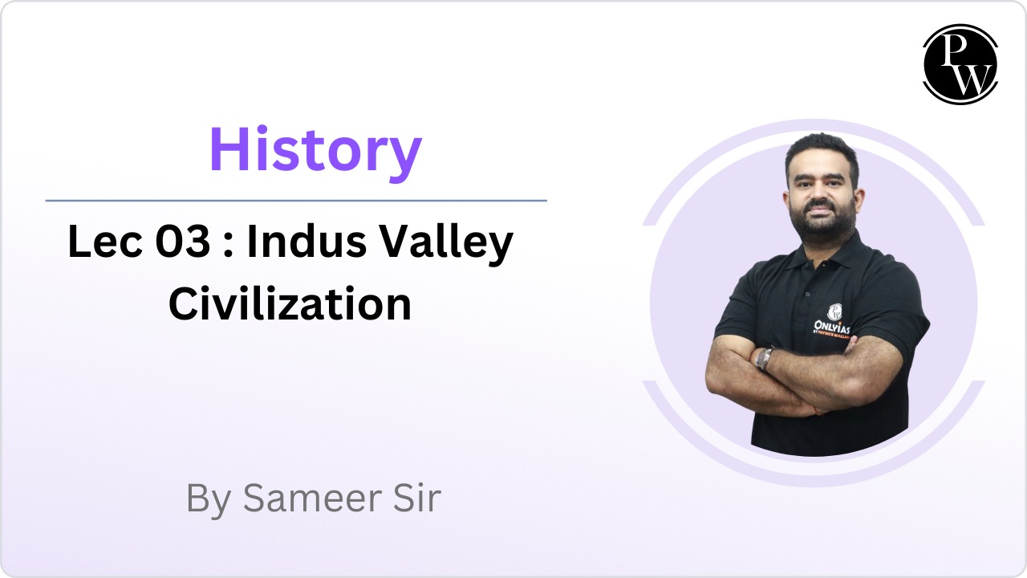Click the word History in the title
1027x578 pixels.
click(x=315, y=150)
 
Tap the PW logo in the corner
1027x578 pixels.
click(x=960, y=64)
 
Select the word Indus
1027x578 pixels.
click(x=311, y=242)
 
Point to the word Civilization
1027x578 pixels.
click(x=290, y=304)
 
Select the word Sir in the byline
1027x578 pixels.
click(x=415, y=498)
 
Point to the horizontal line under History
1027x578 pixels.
click(x=296, y=201)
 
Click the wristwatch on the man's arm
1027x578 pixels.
click(x=765, y=358)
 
